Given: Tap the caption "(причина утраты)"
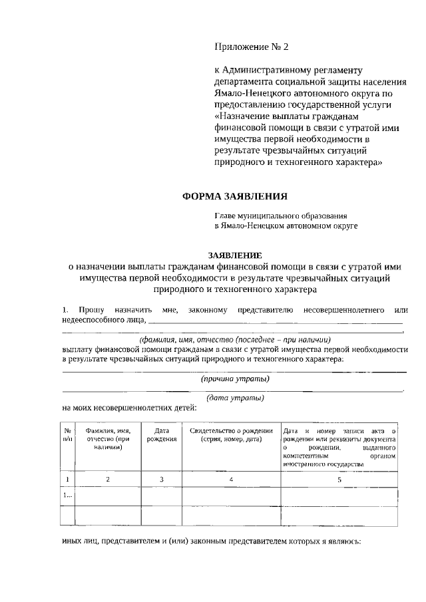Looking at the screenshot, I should pyautogui.click(x=235, y=378).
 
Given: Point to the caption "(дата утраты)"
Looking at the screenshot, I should pyautogui.click(x=235, y=398).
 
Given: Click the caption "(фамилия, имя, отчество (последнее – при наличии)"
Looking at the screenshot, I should pyautogui.click(x=235, y=339).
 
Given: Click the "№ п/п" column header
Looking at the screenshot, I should pyautogui.click(x=68, y=435).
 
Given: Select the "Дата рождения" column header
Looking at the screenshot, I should pyautogui.click(x=161, y=435).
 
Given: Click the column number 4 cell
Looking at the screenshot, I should pyautogui.click(x=231, y=479).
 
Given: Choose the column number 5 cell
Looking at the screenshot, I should pyautogui.click(x=339, y=479).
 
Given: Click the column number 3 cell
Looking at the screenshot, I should pyautogui.click(x=161, y=479).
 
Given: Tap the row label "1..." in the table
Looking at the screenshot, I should pyautogui.click(x=68, y=496).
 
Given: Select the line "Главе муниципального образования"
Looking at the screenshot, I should pyautogui.click(x=280, y=216).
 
